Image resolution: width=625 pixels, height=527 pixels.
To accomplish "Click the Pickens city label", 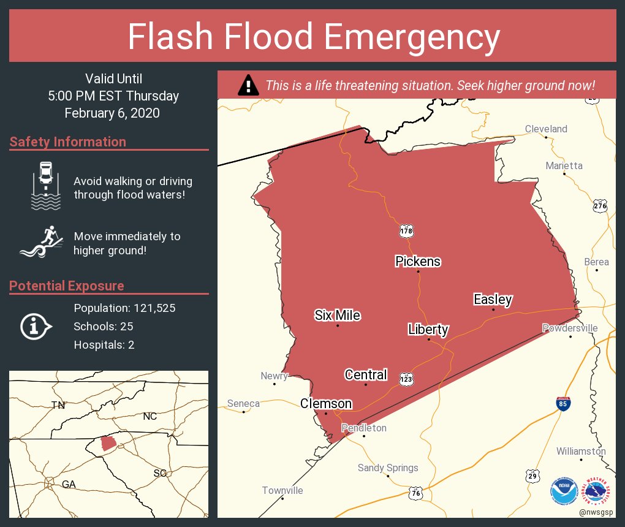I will point(418,262).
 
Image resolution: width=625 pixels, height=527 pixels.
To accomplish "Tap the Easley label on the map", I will point(493,300).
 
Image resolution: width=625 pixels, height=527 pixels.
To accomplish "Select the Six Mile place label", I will point(337,316).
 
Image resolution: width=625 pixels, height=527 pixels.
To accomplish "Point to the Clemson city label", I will point(326,404).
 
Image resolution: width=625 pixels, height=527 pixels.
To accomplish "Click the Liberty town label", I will point(428,330).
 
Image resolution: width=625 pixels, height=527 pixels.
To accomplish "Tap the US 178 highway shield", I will point(406,231).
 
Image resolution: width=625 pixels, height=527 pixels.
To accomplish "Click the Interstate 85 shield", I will point(563,403).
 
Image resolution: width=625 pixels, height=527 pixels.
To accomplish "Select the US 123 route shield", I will point(406,379).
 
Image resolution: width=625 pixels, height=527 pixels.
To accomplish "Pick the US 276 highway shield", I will point(600,207).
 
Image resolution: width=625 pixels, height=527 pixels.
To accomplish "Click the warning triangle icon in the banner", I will point(248,85).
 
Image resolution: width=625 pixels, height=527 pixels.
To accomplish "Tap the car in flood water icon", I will point(46,186).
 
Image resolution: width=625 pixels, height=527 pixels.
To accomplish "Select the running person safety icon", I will point(42,243).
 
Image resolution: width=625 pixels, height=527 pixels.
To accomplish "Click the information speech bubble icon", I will point(36,326).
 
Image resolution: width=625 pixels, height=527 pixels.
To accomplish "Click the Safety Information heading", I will point(68,142).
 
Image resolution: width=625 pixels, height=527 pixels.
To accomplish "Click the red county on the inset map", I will point(107,442).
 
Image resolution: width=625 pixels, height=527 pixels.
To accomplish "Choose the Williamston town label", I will point(581,452).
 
